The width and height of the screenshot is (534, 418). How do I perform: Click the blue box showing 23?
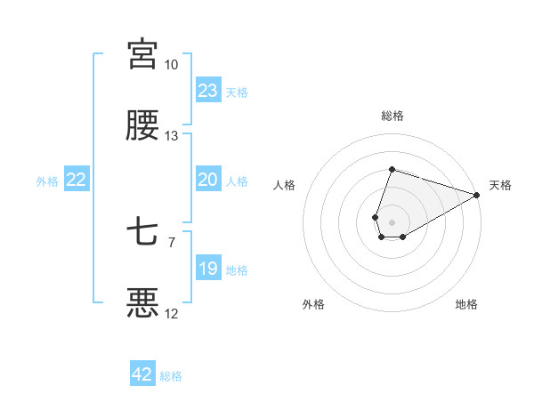208,91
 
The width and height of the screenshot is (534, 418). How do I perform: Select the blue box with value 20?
208,180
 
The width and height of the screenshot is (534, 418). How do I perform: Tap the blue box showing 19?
208,269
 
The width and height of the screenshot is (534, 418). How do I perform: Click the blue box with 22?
77,180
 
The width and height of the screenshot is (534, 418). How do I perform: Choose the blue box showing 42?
142,374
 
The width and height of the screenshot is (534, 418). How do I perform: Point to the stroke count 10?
171,65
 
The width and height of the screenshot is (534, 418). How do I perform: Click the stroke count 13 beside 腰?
171,136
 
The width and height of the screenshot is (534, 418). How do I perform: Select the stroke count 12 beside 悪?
171,314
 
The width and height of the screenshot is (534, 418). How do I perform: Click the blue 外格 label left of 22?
47,181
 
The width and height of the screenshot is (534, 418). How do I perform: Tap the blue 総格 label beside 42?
171,375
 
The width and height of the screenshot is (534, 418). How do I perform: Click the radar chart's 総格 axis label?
392,116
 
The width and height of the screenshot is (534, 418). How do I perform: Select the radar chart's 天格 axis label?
500,185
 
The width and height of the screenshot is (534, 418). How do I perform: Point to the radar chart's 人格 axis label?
284,185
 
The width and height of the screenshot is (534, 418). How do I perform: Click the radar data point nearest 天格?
477,195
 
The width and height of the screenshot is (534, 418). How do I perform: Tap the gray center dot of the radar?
392,221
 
